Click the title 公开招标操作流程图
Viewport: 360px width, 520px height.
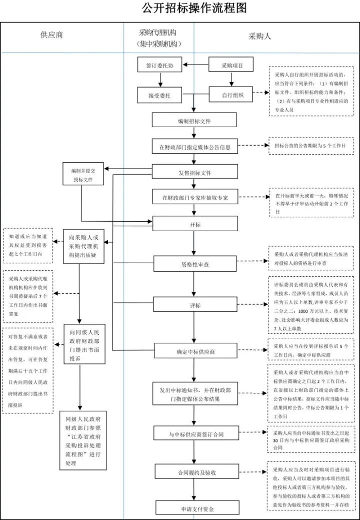coord(180,9)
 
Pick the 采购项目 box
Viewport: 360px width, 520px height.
coord(230,65)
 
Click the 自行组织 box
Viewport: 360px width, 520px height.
coord(230,95)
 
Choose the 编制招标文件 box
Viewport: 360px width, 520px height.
coord(194,121)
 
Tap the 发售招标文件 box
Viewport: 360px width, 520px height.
coord(194,172)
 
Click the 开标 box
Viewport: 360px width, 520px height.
coord(194,224)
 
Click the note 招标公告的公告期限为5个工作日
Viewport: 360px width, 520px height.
coord(310,146)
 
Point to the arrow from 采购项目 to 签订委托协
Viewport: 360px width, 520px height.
coord(195,65)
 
